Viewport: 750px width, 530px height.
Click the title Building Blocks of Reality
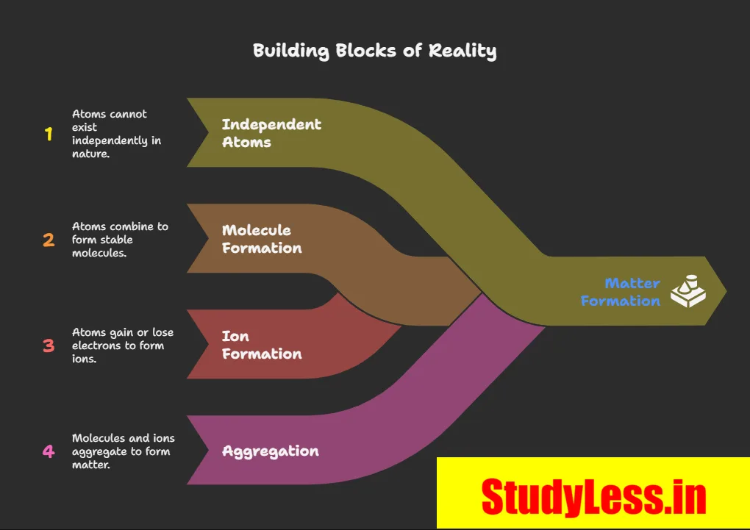point(374,51)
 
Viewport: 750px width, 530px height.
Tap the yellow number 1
point(49,134)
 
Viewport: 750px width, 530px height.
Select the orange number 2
point(49,240)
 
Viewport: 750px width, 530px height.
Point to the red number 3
point(49,345)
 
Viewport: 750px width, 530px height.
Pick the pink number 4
point(49,451)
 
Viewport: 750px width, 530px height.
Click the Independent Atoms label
point(271,133)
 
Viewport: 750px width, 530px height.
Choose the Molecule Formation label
point(262,239)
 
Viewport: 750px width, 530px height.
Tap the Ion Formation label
point(262,345)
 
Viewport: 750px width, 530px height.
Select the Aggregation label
point(271,451)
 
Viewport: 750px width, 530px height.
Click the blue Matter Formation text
point(621,292)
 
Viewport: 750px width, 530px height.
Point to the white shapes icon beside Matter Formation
point(687,291)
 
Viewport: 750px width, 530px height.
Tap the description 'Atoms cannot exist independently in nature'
point(116,134)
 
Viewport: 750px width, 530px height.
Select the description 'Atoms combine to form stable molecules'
point(120,240)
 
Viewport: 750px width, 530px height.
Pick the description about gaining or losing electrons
point(123,345)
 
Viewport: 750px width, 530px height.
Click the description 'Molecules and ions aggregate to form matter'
point(123,451)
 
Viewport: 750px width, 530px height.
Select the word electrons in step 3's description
point(96,345)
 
